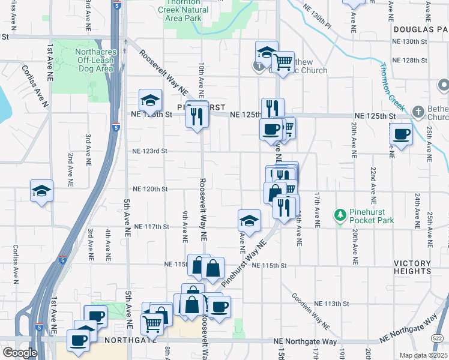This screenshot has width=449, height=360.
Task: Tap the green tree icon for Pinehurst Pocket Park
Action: (x=340, y=214)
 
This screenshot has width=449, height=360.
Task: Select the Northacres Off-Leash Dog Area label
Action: (x=94, y=60)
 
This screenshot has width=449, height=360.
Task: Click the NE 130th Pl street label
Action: (x=318, y=17)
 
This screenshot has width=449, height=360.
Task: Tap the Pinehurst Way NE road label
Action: (x=244, y=263)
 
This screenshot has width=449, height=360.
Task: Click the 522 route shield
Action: (x=438, y=339)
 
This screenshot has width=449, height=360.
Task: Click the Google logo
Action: (x=20, y=353)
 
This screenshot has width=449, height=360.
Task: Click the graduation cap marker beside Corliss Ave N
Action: (x=41, y=191)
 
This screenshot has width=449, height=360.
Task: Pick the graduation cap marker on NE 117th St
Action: (x=249, y=221)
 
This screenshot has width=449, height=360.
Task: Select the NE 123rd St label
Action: (x=149, y=151)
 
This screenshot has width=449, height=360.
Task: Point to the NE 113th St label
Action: (x=332, y=304)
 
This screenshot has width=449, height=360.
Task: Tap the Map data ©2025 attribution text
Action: (x=424, y=355)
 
